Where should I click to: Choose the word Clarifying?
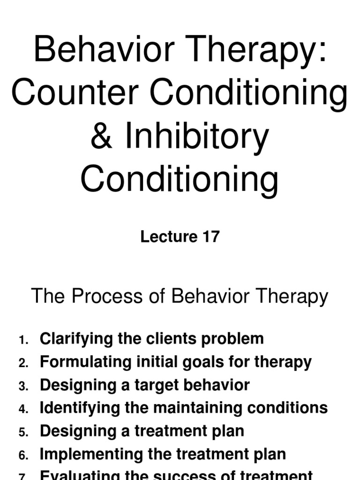click(76, 339)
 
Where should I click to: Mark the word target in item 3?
click(157, 385)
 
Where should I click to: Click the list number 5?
click(24, 432)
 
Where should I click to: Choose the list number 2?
click(24, 363)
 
